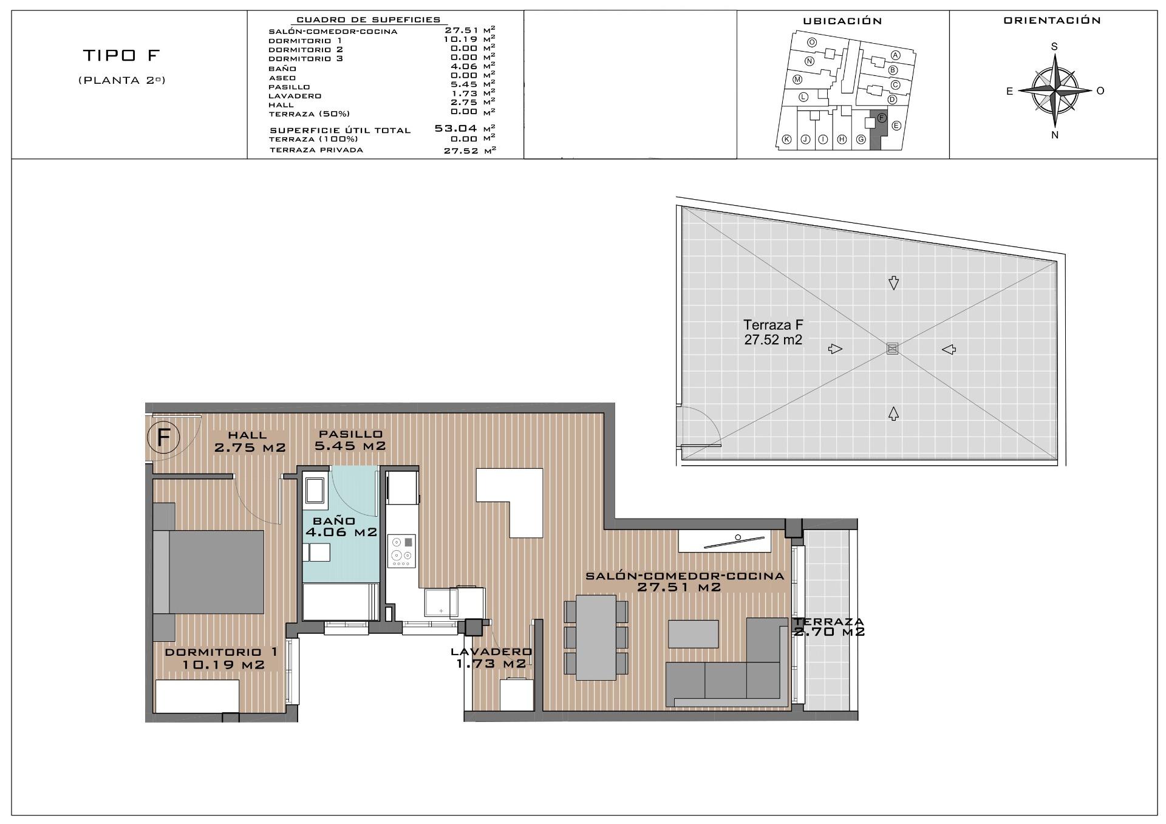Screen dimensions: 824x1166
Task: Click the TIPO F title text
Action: pyautogui.click(x=121, y=56)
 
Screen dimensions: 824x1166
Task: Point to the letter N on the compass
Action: pyautogui.click(x=1054, y=135)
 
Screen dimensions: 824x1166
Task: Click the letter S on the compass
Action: pyautogui.click(x=1054, y=47)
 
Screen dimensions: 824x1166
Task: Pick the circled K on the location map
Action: pyautogui.click(x=786, y=139)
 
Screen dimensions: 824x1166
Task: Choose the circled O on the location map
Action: pyautogui.click(x=812, y=43)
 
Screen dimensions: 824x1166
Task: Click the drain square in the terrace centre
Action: pyautogui.click(x=892, y=349)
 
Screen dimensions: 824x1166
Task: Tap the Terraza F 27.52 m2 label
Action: pyautogui.click(x=773, y=333)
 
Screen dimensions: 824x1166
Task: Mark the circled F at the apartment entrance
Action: pyautogui.click(x=163, y=437)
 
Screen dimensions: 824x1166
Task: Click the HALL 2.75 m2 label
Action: pyautogui.click(x=249, y=441)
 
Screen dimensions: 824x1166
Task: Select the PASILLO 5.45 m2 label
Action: pyautogui.click(x=350, y=440)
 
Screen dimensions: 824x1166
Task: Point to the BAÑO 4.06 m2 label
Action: pyautogui.click(x=341, y=527)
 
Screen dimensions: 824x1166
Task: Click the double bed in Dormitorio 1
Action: pyautogui.click(x=209, y=571)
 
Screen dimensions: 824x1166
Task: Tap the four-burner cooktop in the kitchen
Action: pyautogui.click(x=401, y=551)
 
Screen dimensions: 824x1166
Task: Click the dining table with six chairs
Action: pyautogui.click(x=595, y=637)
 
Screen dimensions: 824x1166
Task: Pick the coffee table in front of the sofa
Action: pyautogui.click(x=693, y=633)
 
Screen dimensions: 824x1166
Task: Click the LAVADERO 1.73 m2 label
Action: pyautogui.click(x=491, y=658)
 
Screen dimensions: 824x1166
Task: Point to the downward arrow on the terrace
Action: pyautogui.click(x=893, y=282)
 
